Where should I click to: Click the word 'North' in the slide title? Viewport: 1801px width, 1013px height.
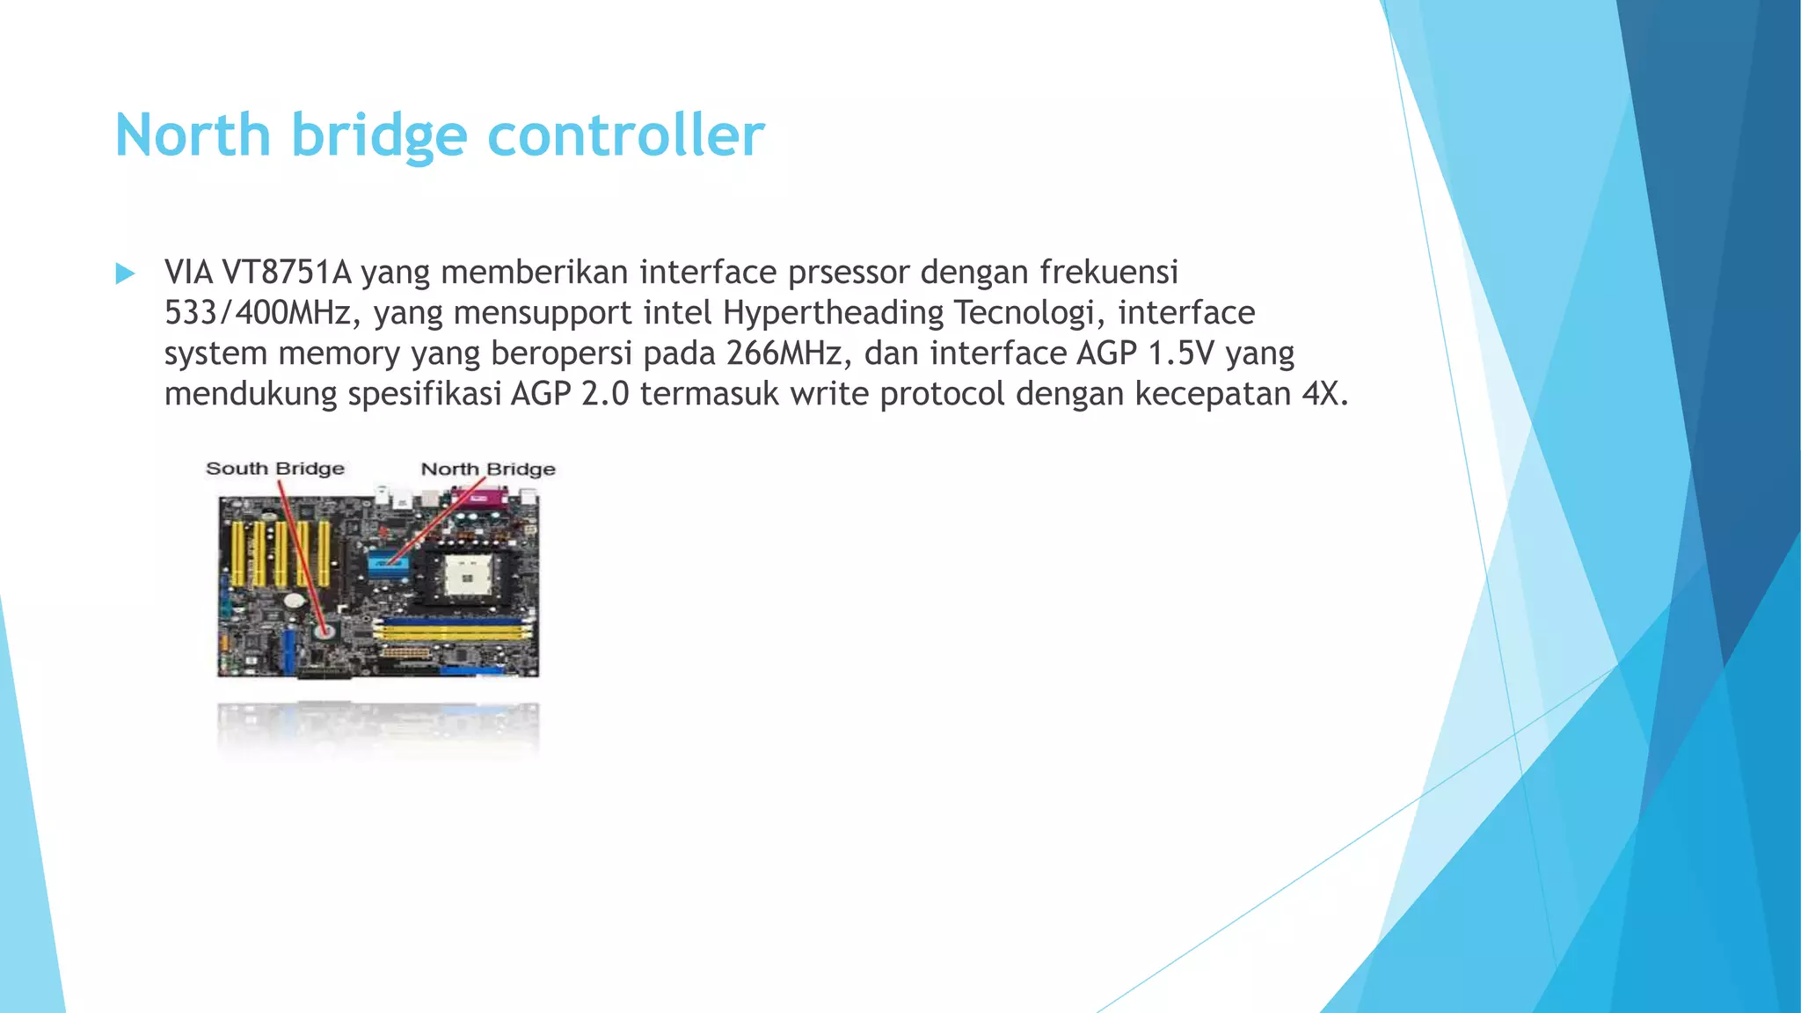(x=193, y=135)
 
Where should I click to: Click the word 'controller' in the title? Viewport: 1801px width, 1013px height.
(x=625, y=135)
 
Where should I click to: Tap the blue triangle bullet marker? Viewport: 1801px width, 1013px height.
(x=125, y=273)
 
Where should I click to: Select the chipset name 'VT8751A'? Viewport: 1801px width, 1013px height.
(x=286, y=273)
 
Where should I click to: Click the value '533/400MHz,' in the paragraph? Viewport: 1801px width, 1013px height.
(x=262, y=313)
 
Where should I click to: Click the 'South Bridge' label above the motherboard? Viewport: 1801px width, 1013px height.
(x=274, y=469)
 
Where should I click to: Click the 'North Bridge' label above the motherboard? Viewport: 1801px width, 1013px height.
(x=488, y=470)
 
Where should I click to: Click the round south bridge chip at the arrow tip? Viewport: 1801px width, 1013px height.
(x=324, y=630)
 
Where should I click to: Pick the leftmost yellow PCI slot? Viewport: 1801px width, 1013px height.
(x=237, y=554)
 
